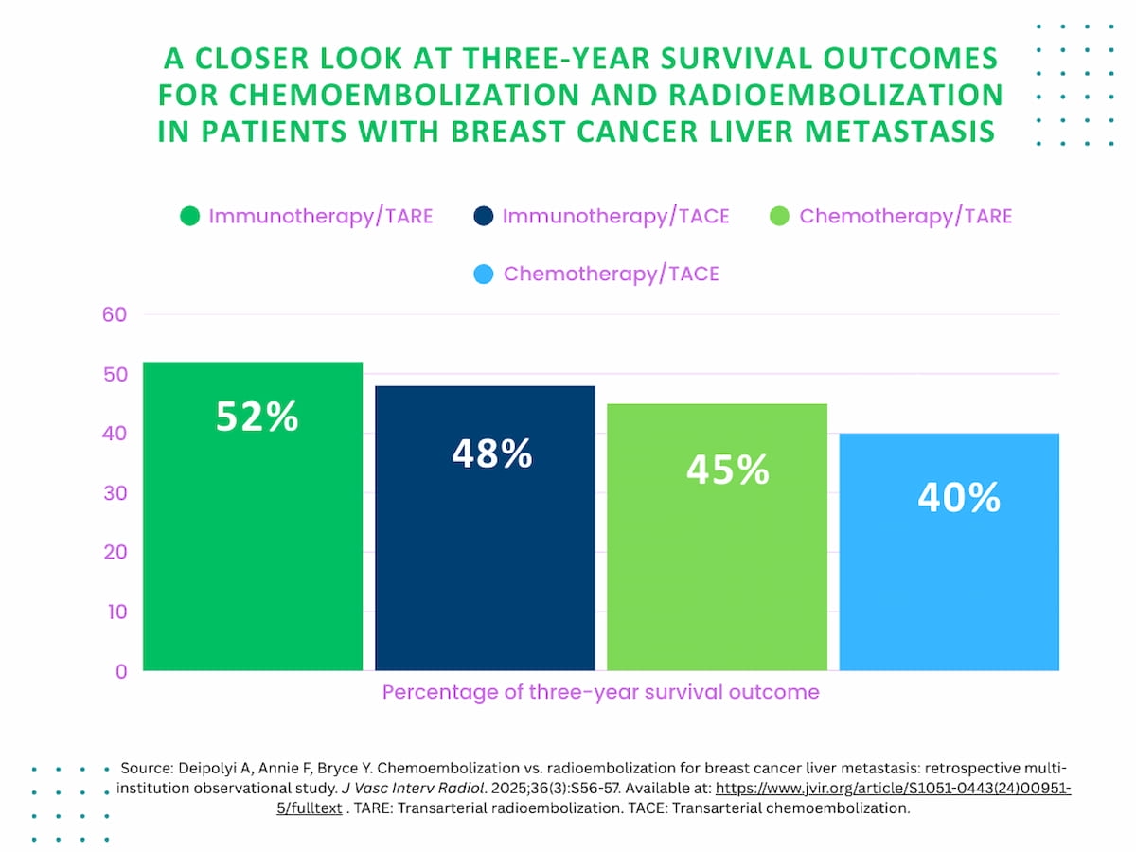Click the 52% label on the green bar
pyautogui.click(x=257, y=417)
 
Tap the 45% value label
pyautogui.click(x=727, y=470)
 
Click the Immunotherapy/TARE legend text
pyautogui.click(x=320, y=217)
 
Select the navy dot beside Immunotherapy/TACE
pyautogui.click(x=483, y=217)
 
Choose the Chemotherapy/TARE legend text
pyautogui.click(x=905, y=217)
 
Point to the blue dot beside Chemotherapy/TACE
pyautogui.click(x=484, y=275)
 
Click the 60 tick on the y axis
pyautogui.click(x=115, y=314)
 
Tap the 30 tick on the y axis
pyautogui.click(x=115, y=492)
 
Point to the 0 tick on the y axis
pyautogui.click(x=120, y=671)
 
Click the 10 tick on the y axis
pyautogui.click(x=115, y=612)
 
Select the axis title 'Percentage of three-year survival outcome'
pyautogui.click(x=600, y=692)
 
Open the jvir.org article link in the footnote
pyautogui.click(x=893, y=789)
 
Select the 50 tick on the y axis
pyautogui.click(x=115, y=374)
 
